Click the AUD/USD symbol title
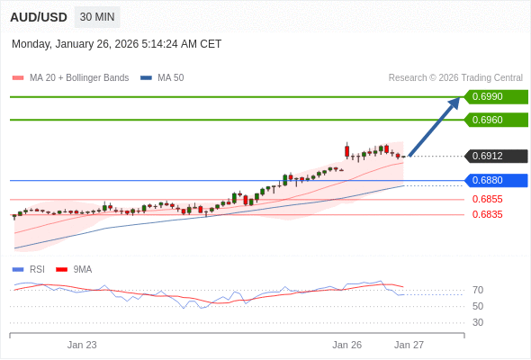(x=38, y=17)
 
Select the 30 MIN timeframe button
(x=97, y=17)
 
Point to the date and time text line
(x=116, y=44)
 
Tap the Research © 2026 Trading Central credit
(x=455, y=78)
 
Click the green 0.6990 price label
(x=495, y=97)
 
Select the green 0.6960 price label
(x=495, y=120)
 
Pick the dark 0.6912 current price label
(x=495, y=157)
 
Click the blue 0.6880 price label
(x=495, y=180)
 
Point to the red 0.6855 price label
(x=487, y=200)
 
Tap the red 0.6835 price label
(x=487, y=215)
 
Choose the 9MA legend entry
(x=82, y=269)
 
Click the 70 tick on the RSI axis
(x=478, y=291)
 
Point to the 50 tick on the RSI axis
(x=478, y=307)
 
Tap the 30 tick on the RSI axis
(x=478, y=322)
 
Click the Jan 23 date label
(x=82, y=345)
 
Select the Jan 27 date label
(x=409, y=345)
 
